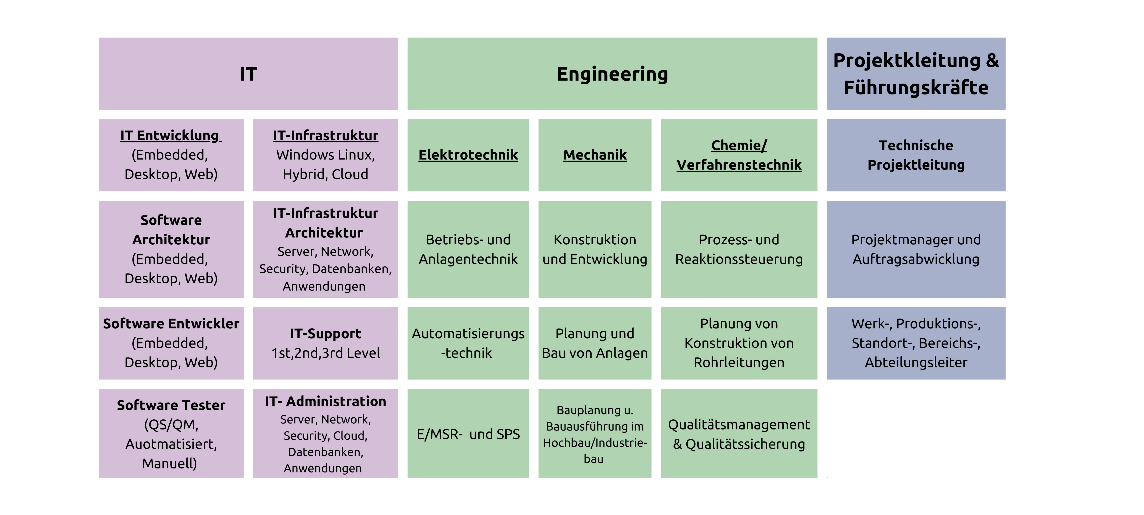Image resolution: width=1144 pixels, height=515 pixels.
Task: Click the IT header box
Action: [x=248, y=74]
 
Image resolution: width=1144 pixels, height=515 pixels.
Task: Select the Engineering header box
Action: [x=612, y=74]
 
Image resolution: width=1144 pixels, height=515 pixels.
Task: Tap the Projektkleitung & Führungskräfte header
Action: [x=916, y=74]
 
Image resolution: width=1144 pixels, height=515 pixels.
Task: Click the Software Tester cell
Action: [x=171, y=433]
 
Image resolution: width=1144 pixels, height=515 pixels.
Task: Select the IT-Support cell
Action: [x=325, y=343]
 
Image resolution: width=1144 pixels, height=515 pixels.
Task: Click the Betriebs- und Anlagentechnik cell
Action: [x=468, y=249]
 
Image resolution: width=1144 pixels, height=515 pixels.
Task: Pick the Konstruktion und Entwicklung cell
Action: [x=595, y=249]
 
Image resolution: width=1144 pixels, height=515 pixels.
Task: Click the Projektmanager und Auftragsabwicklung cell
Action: [x=916, y=249]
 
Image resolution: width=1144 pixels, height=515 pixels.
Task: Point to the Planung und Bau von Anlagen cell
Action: [x=595, y=343]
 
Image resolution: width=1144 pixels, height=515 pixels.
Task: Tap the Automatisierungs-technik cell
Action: [x=468, y=343]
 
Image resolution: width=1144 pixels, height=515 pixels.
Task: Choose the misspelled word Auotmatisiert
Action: [x=171, y=444]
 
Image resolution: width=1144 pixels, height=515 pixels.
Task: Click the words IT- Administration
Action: [x=325, y=401]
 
